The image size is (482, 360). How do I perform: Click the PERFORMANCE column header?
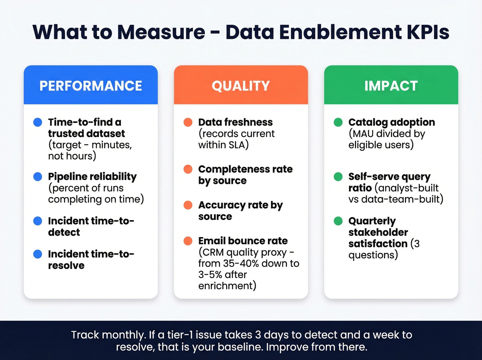91,86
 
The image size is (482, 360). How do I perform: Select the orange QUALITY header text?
241,86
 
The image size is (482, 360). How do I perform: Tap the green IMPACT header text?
391,86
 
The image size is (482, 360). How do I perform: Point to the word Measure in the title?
161,32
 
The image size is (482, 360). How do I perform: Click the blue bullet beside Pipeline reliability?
38,177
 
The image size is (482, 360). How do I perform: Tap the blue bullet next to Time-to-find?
38,122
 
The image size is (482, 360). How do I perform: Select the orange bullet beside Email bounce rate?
188,241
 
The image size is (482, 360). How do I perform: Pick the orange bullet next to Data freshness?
188,122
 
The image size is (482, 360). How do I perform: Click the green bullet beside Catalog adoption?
338,122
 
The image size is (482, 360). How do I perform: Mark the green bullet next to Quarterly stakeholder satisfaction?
338,221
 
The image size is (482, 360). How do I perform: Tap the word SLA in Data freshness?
237,145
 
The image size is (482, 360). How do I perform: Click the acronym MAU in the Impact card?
363,134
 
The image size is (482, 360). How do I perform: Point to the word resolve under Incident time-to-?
66,266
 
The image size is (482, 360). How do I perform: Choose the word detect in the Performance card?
64,233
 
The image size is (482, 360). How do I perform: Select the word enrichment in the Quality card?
226,286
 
